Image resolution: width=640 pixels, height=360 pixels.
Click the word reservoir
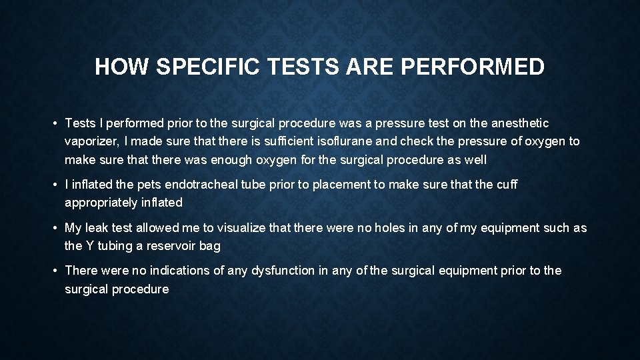[x=171, y=246]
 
